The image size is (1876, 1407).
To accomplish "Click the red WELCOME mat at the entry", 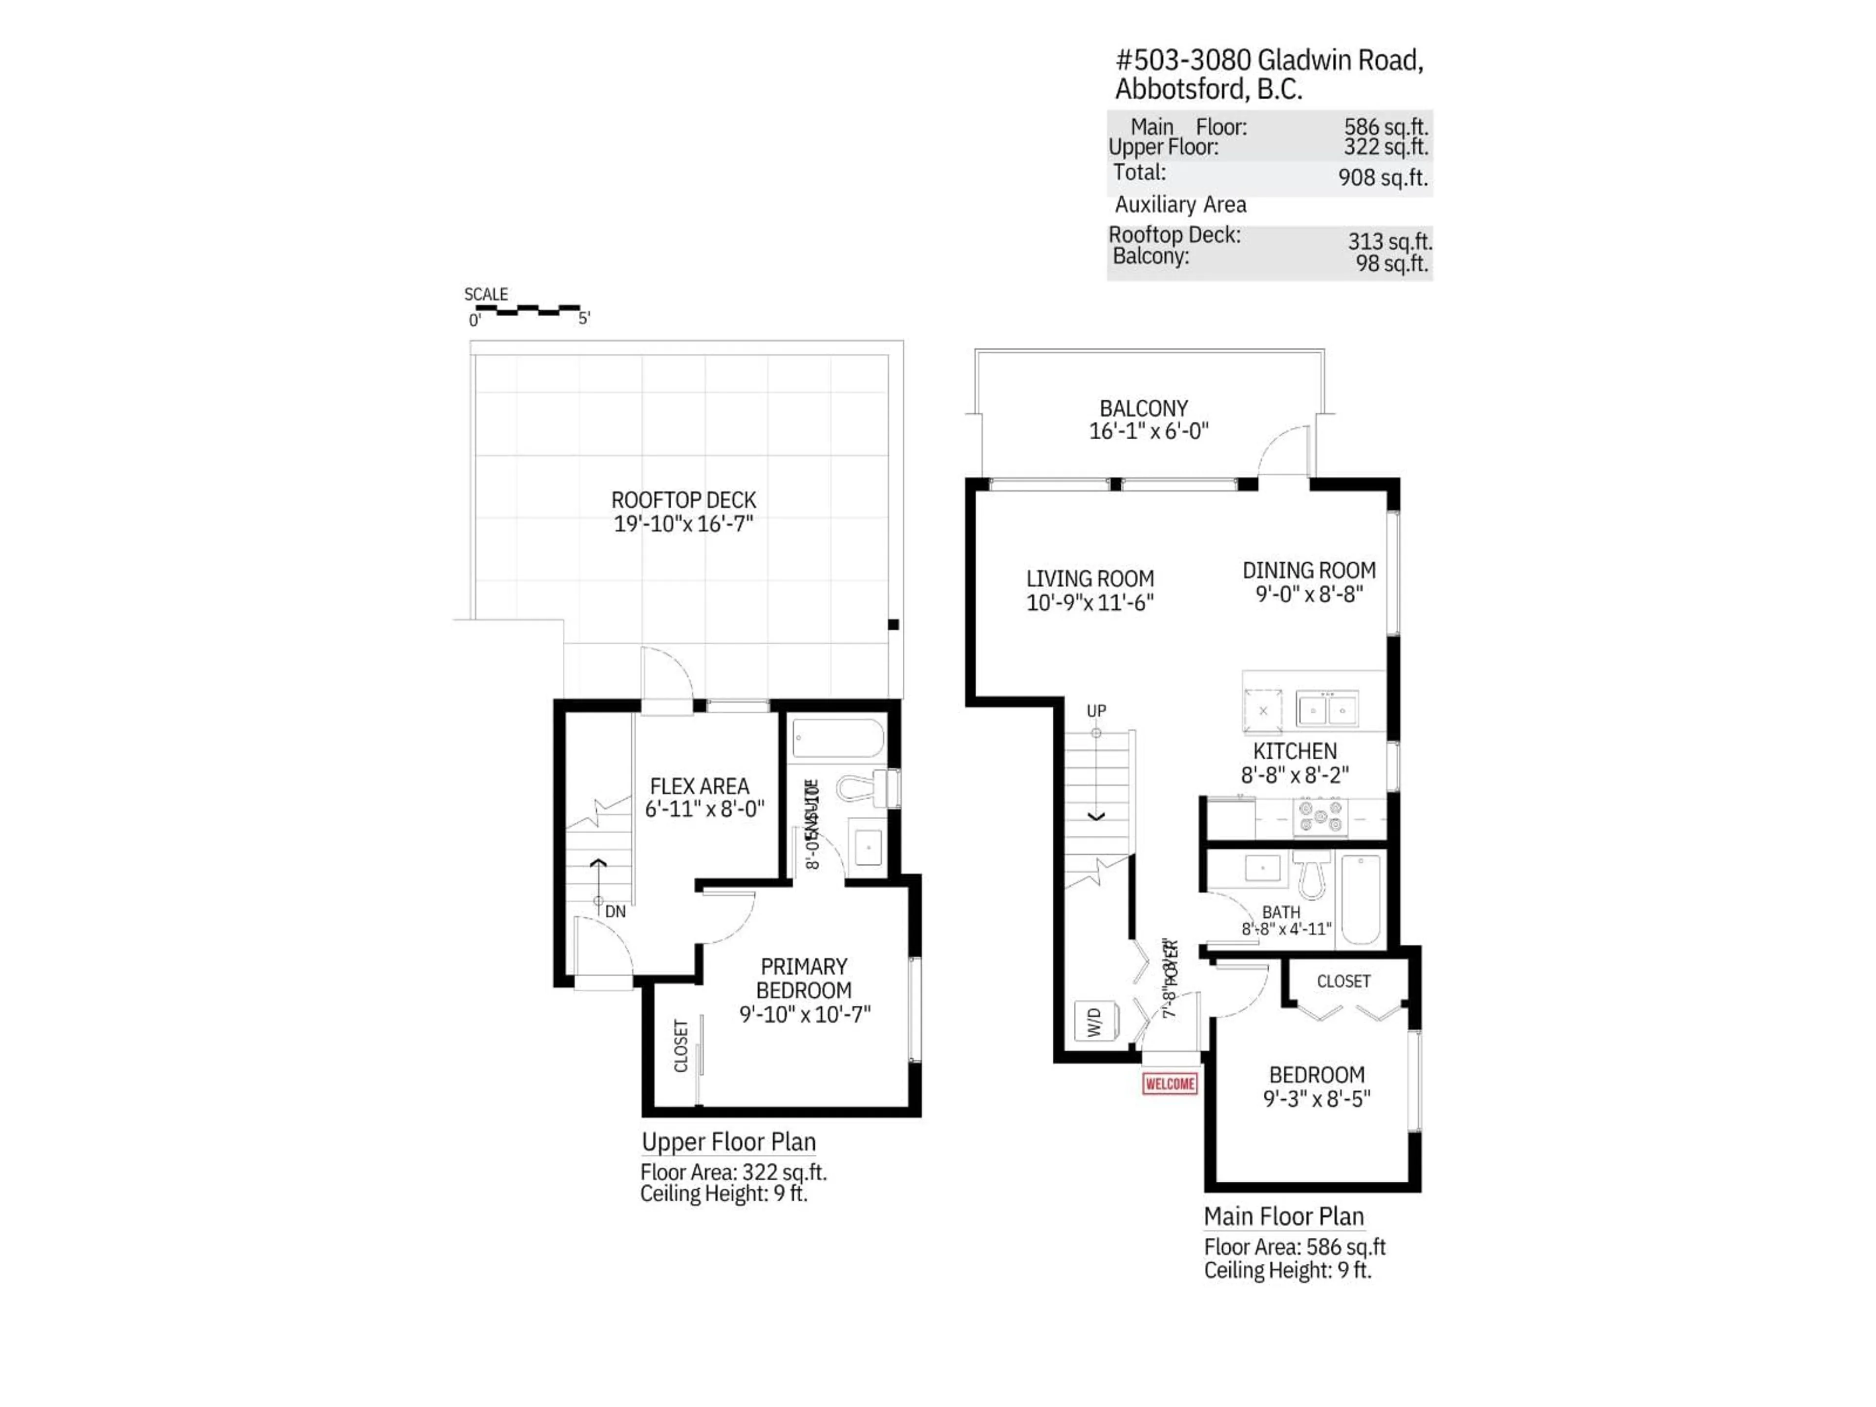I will point(1170,1084).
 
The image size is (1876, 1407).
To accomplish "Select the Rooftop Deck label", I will point(683,500).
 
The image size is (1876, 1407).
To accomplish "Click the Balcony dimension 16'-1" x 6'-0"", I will point(1149,431).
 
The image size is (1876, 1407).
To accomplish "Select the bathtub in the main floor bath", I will point(1361,899).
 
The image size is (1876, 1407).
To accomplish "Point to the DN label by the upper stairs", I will point(615,912).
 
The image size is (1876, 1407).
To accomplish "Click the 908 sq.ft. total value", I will point(1383,178).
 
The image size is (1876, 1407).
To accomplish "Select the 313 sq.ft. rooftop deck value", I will point(1389,242).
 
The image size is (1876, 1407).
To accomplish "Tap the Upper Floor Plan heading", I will point(727,1142).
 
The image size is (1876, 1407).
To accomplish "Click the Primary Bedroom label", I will point(803,978).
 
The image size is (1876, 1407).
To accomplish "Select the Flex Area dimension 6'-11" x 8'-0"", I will point(704,809).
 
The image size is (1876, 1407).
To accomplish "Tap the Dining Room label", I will point(1309,571).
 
